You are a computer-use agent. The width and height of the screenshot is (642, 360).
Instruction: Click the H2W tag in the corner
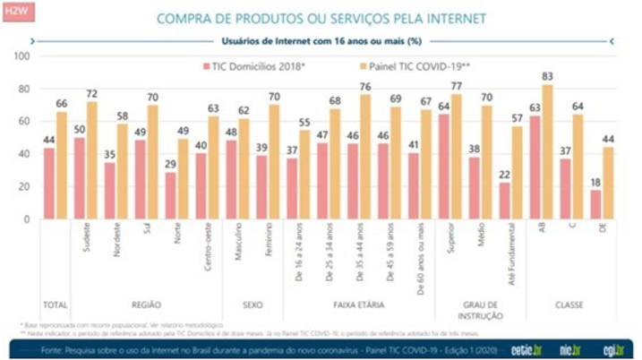click(x=17, y=13)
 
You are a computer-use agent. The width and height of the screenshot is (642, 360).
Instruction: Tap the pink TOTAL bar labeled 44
click(x=48, y=184)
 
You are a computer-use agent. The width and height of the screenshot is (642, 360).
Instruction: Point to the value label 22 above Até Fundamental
click(x=505, y=176)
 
